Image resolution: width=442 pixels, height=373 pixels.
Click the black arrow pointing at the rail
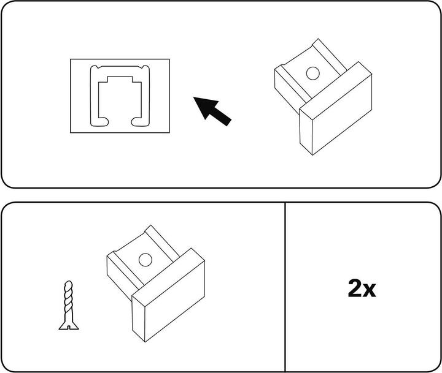click(x=212, y=111)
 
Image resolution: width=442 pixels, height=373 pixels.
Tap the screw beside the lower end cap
click(x=69, y=305)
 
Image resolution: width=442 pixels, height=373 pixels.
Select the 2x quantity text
click(x=362, y=288)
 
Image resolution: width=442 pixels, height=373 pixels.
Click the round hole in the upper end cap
click(x=313, y=73)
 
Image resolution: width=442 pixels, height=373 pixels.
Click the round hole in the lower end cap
click(x=145, y=260)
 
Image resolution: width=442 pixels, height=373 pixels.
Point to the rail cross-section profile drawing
click(x=120, y=96)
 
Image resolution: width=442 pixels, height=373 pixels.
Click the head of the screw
click(x=69, y=326)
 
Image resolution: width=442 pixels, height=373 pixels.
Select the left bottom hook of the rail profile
click(x=99, y=121)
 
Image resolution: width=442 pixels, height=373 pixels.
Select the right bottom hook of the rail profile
click(x=140, y=121)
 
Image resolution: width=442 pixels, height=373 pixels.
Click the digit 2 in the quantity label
click(x=355, y=288)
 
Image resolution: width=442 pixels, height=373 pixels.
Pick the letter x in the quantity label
click(x=370, y=291)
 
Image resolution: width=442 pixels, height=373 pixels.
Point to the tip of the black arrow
click(x=193, y=97)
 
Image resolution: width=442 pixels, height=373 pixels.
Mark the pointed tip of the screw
click(x=68, y=281)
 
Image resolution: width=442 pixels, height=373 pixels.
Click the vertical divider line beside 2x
click(x=285, y=287)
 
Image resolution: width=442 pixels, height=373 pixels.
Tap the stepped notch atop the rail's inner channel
click(x=120, y=79)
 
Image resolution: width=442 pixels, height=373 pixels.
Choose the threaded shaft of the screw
click(x=69, y=301)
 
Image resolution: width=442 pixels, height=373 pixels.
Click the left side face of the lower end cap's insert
click(x=120, y=276)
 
